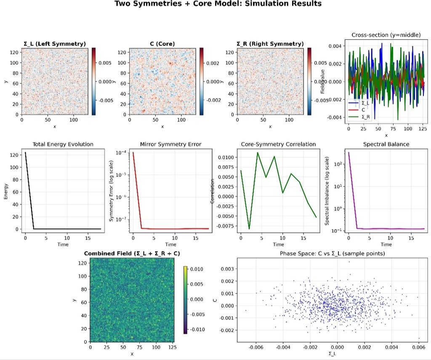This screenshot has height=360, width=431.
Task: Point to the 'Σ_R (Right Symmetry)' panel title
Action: click(270, 44)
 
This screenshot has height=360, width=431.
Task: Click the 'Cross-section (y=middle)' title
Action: click(386, 35)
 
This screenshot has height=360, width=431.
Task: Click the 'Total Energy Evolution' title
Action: click(63, 144)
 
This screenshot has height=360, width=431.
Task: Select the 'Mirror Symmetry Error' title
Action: click(170, 144)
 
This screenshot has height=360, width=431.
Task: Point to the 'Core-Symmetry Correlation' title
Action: click(278, 144)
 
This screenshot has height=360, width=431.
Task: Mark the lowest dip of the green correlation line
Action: click(249, 229)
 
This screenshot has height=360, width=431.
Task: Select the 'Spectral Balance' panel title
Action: click(386, 144)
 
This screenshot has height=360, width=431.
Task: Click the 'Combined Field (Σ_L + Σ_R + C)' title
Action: click(132, 253)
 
